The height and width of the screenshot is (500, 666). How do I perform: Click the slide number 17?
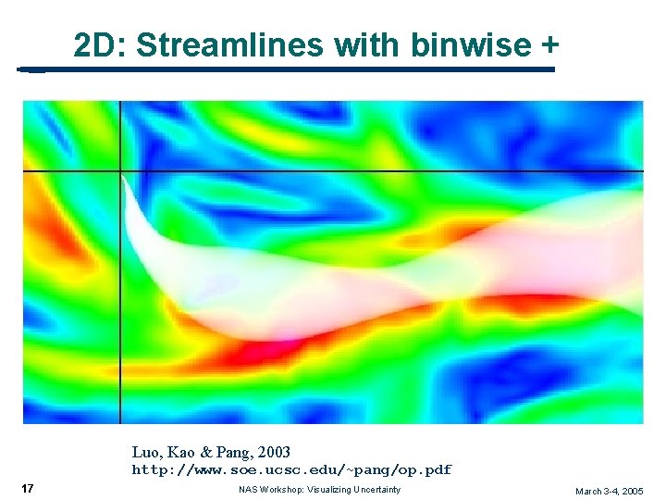[x=28, y=489]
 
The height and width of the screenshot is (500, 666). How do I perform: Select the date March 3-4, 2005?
[x=609, y=491]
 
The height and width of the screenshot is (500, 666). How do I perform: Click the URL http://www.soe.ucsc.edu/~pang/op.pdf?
[x=291, y=470]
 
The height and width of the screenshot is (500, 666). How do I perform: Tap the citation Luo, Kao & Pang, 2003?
[x=211, y=453]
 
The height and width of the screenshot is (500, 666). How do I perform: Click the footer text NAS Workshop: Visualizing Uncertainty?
[x=319, y=490]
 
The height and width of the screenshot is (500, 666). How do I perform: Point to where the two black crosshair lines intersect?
[x=120, y=172]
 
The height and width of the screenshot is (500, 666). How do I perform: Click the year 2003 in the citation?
[x=274, y=453]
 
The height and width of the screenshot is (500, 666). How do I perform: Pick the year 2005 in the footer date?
[x=632, y=491]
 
